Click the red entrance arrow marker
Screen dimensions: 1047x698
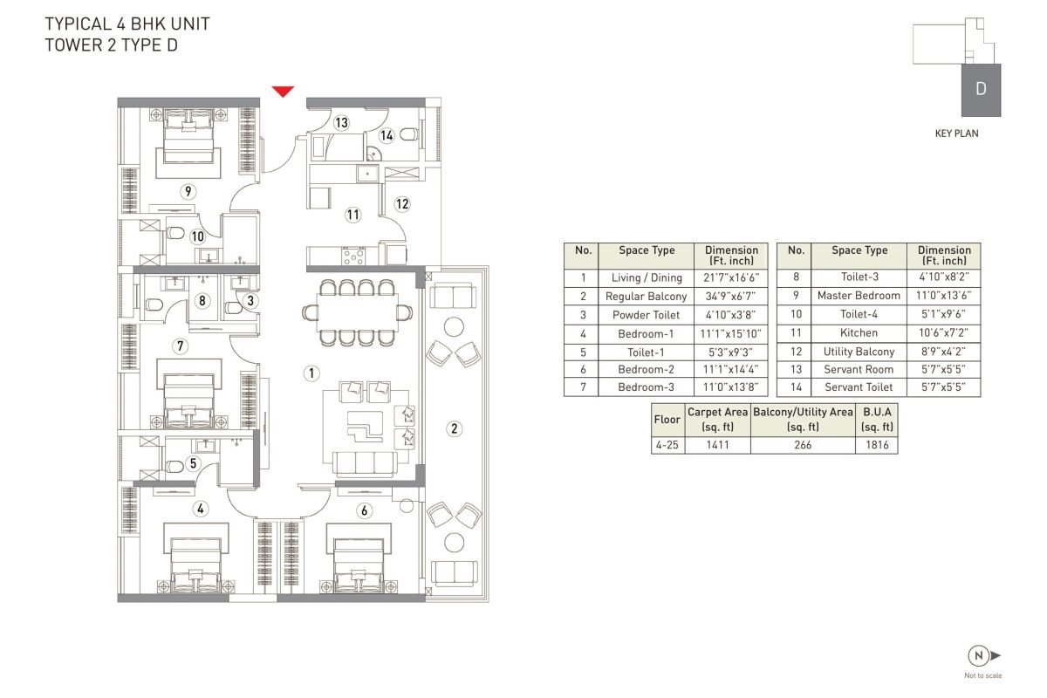click(283, 91)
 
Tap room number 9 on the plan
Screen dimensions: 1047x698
click(188, 191)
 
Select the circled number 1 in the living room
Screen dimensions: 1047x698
click(311, 373)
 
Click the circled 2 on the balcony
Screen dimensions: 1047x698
click(455, 428)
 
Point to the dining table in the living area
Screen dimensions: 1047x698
click(358, 312)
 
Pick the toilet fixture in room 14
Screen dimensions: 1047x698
click(409, 134)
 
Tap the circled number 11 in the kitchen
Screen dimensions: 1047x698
click(352, 215)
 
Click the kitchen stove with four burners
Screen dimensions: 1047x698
click(353, 257)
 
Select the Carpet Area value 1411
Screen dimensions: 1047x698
click(717, 445)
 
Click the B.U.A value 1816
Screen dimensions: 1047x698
click(877, 445)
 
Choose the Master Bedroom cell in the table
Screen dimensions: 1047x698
click(859, 296)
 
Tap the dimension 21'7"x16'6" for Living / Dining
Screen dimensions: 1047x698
click(731, 277)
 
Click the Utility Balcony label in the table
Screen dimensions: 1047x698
click(859, 352)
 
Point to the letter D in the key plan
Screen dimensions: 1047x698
click(981, 89)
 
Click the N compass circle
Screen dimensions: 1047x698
click(978, 655)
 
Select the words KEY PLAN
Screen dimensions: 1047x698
click(957, 133)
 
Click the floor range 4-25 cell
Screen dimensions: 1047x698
click(667, 445)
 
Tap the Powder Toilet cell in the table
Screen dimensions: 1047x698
click(646, 315)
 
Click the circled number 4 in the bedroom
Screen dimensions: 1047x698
click(201, 509)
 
